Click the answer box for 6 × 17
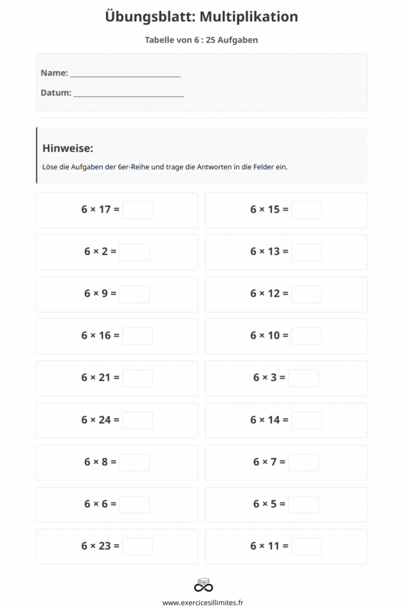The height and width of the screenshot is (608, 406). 137,210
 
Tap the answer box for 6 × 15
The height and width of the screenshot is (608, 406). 306,210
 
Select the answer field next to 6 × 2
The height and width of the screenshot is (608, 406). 134,252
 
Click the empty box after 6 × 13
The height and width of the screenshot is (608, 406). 306,252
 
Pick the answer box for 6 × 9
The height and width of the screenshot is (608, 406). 134,294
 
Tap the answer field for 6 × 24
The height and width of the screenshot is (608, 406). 137,420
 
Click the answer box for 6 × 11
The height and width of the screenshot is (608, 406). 306,546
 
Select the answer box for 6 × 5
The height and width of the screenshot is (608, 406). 303,505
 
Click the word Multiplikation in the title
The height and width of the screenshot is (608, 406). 248,17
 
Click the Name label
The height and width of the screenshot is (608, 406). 54,73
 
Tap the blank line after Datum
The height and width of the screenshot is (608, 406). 128,94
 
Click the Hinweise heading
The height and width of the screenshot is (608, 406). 68,148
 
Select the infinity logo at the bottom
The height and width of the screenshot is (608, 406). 203,585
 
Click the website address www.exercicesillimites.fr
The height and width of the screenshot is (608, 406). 203,602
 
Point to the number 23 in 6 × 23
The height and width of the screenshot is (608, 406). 105,546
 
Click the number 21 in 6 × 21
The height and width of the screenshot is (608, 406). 105,378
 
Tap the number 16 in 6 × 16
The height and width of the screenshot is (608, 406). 105,335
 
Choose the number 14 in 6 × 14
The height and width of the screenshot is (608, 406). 273,420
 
